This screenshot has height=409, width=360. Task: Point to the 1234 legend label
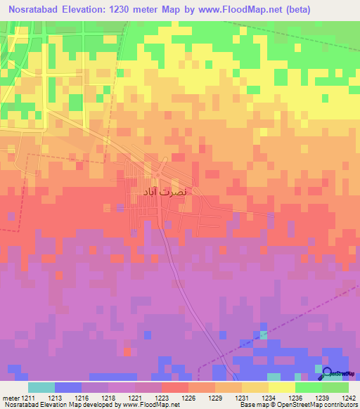(268, 398)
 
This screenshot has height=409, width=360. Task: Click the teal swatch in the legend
(41, 387)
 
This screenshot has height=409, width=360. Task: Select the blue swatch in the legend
(68, 387)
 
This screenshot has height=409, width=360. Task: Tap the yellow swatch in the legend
(281, 387)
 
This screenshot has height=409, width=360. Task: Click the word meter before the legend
(8, 398)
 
